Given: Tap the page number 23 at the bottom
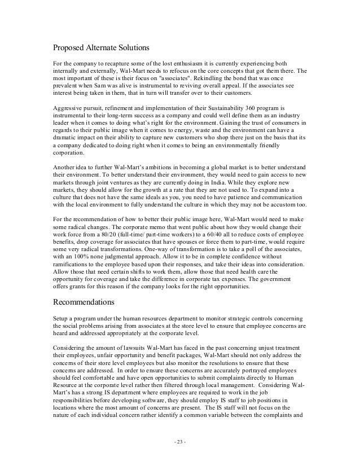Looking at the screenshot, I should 179,439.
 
